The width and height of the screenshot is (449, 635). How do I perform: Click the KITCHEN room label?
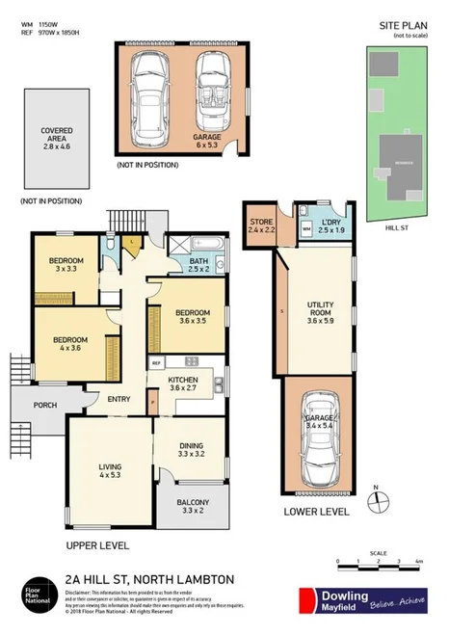(183, 384)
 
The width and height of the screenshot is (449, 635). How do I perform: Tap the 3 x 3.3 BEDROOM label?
(66, 265)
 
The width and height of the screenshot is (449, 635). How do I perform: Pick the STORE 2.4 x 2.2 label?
(261, 226)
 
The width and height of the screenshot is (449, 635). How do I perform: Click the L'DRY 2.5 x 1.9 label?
(331, 226)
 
